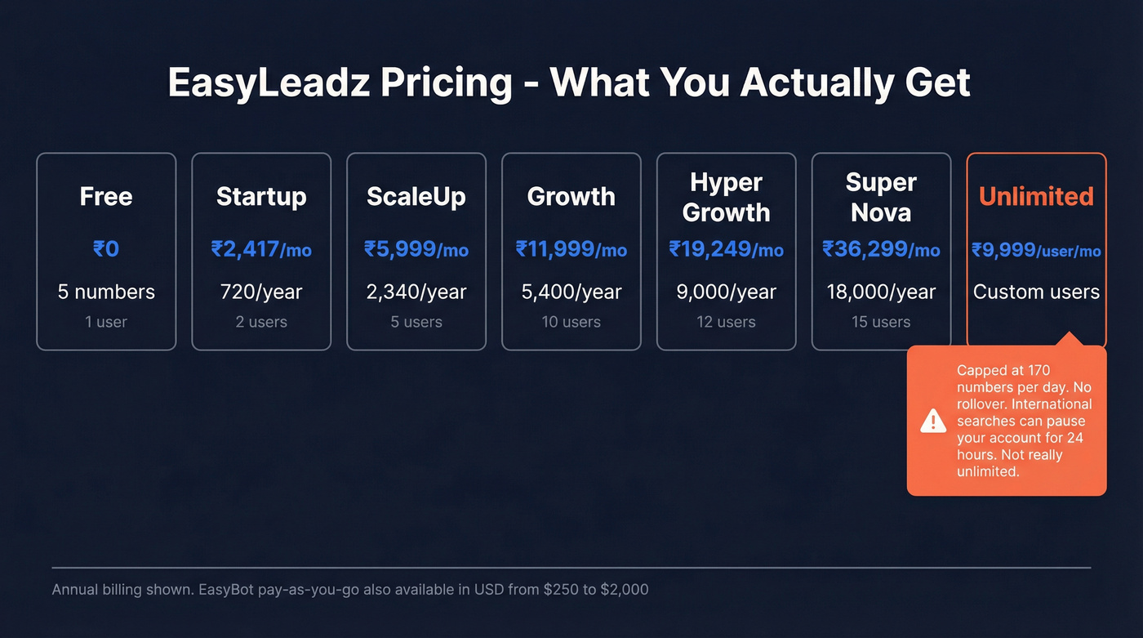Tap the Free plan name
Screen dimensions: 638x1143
coord(106,196)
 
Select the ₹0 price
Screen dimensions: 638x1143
coord(106,248)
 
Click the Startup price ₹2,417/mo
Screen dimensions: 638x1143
coord(261,248)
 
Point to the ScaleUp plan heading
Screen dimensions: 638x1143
coord(416,196)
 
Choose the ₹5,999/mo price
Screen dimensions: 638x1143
coord(416,248)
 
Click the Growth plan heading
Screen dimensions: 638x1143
coord(571,196)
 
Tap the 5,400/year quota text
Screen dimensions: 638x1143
coord(571,292)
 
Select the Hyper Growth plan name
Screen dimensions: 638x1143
coord(726,197)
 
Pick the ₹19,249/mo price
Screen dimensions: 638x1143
coord(726,248)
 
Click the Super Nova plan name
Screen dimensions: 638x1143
coord(881,197)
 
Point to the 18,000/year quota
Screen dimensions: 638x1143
coord(881,292)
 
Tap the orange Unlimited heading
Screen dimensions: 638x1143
coord(1036,196)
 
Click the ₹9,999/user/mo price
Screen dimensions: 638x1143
coord(1036,250)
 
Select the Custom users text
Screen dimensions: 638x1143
coord(1036,292)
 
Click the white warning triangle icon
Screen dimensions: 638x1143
coord(933,421)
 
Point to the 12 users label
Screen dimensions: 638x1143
coord(726,322)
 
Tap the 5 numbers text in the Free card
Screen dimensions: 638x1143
coord(106,292)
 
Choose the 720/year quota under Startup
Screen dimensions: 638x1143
coord(261,292)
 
